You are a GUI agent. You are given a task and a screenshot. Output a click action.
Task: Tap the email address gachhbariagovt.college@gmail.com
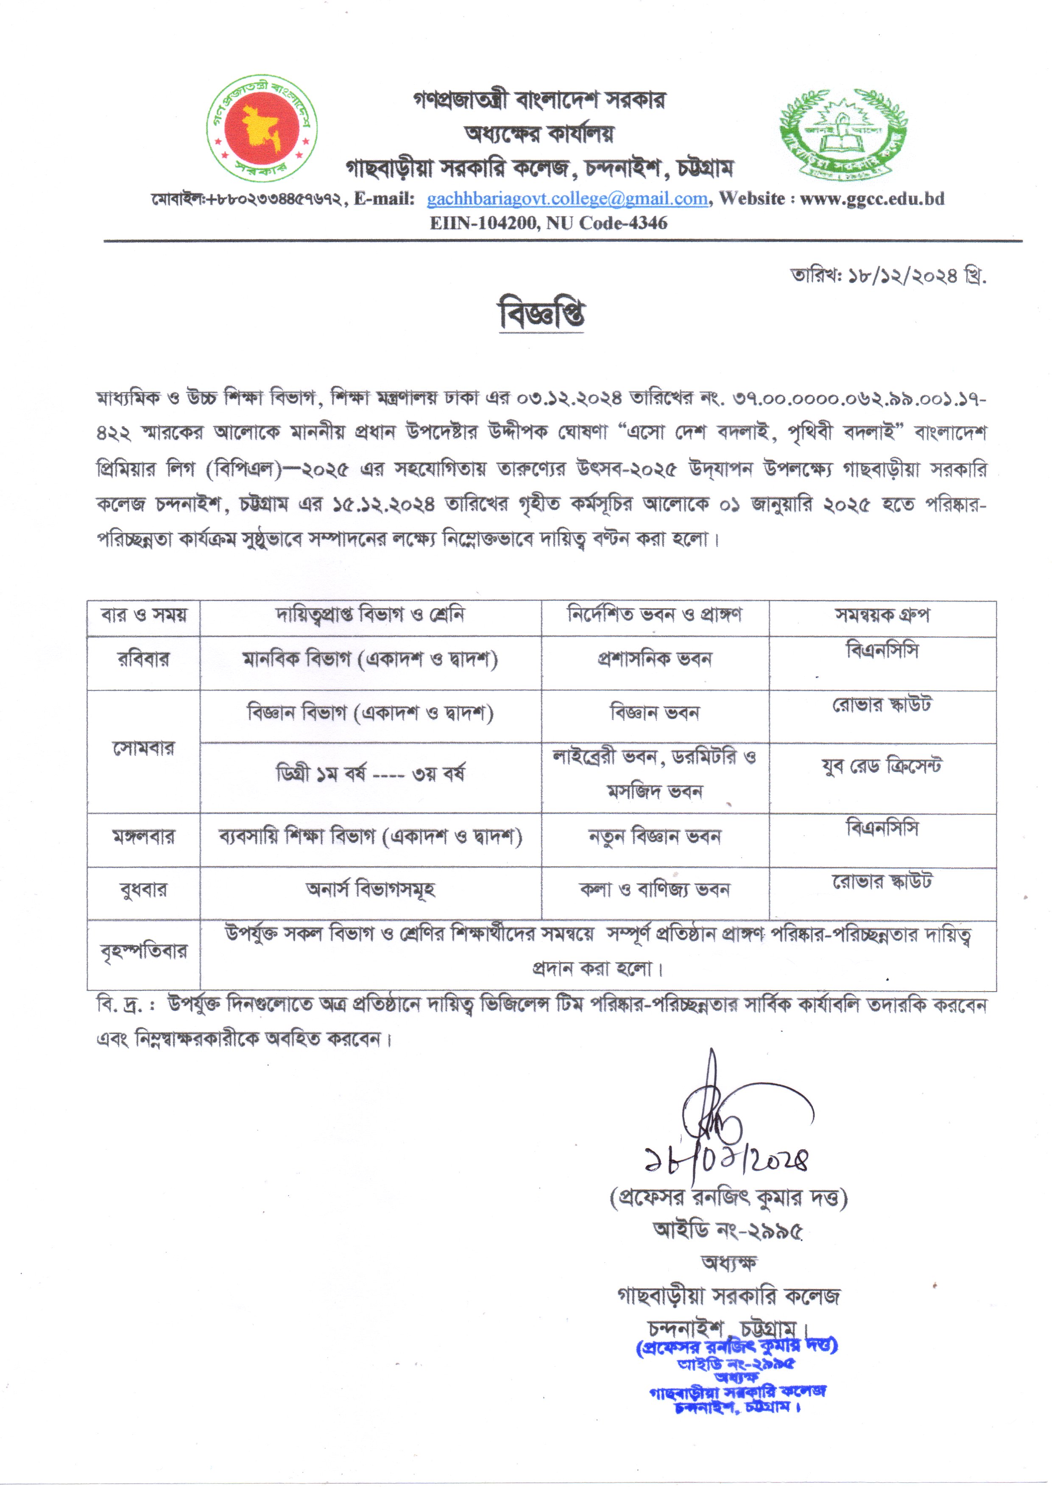567,199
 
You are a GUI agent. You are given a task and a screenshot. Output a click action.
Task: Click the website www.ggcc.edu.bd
872,199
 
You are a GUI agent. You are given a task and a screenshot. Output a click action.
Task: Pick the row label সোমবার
143,749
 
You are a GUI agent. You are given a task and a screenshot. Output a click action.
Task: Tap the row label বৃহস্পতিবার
143,952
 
